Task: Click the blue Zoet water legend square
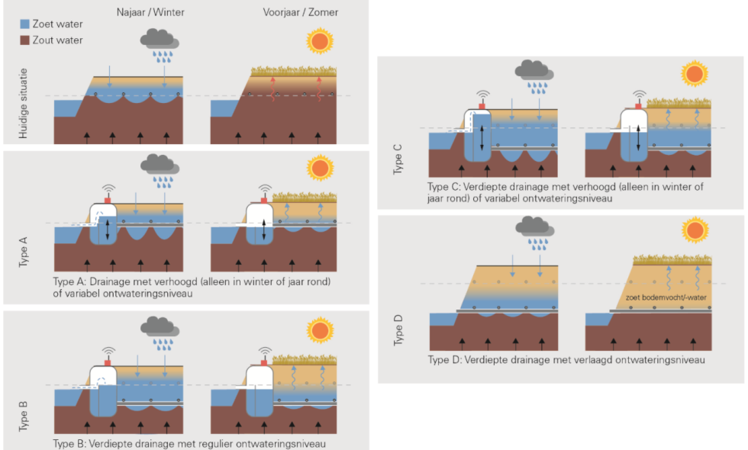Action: [25, 24]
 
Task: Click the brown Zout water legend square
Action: [25, 40]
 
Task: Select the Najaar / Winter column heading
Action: [150, 12]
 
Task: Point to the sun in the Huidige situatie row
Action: [321, 41]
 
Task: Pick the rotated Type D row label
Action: [398, 332]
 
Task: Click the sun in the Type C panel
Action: [694, 74]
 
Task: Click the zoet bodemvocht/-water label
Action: [666, 297]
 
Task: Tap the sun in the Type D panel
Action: [694, 229]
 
